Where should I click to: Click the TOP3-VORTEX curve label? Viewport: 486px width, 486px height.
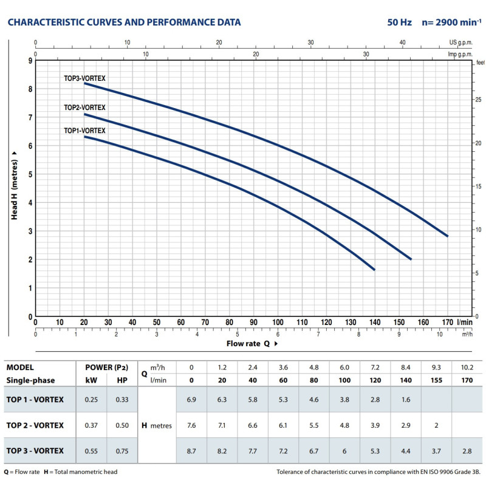84,78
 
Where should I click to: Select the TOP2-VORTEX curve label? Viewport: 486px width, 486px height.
84,108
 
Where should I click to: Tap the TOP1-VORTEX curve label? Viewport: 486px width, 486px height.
84,131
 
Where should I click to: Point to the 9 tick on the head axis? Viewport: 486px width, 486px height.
29,61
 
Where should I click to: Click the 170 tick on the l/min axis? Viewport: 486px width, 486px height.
448,322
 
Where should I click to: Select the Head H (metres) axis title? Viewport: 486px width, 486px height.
13,189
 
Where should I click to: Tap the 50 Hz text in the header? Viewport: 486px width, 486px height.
399,22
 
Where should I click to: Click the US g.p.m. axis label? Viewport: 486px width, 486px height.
460,43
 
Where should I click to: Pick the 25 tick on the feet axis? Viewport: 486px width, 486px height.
479,100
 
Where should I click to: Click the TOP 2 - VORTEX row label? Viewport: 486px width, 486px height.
35,425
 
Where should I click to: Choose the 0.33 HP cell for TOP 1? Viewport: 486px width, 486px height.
122,399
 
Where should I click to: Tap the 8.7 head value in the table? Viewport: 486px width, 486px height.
191,451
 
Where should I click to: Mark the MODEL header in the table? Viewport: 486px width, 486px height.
20,367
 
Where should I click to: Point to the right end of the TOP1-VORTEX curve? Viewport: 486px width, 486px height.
374,269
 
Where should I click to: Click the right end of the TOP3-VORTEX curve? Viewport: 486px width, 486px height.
447,236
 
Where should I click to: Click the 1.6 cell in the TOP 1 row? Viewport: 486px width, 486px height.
405,399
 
